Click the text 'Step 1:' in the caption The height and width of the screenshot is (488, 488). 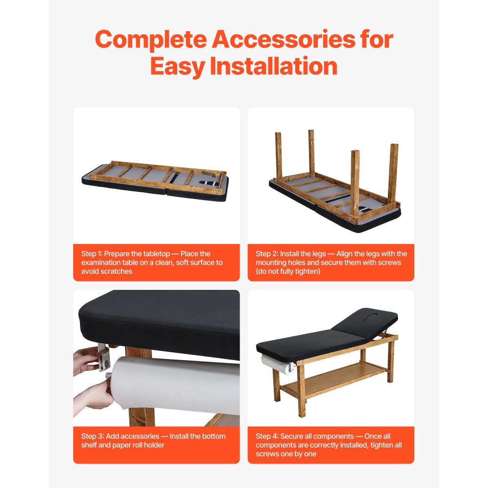pos(92,254)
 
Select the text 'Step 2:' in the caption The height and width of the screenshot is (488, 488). pos(266,254)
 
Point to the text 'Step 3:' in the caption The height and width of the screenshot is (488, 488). pos(92,436)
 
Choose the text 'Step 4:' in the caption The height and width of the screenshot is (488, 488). pos(267,436)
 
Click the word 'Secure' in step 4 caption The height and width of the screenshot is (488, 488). pos(291,436)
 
